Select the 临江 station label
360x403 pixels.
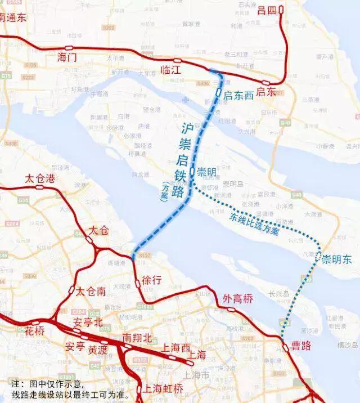click(x=171, y=70)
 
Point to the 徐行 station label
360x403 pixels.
click(x=152, y=279)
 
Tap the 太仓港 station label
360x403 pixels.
click(x=40, y=179)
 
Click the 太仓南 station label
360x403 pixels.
click(x=91, y=292)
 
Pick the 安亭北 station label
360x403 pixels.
click(x=88, y=323)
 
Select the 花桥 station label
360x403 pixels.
click(x=34, y=330)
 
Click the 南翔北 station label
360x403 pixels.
click(x=137, y=338)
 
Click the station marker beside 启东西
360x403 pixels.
click(x=218, y=91)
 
